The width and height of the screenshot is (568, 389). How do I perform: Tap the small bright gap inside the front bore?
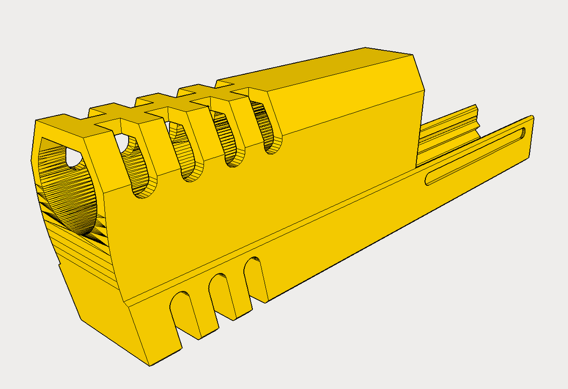(x=72, y=157)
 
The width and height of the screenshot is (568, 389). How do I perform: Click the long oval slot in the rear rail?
(x=474, y=157)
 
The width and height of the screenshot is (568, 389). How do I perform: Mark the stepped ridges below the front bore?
(x=80, y=251)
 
